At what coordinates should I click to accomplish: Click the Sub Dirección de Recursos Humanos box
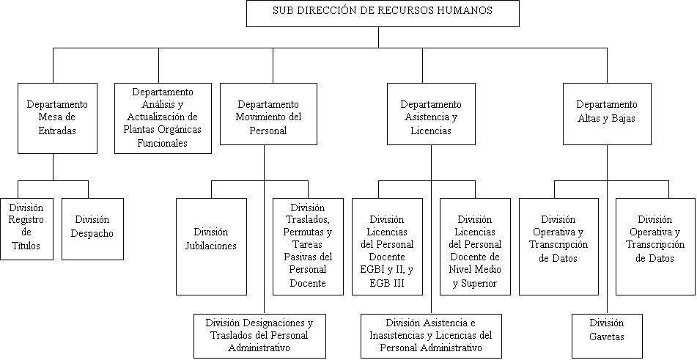(x=383, y=14)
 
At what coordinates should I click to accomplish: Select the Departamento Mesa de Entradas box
(x=57, y=118)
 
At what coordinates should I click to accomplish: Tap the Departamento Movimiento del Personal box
(x=268, y=114)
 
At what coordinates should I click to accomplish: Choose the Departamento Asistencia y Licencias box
(x=431, y=114)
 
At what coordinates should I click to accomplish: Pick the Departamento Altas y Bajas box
(x=607, y=114)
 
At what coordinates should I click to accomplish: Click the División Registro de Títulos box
(x=26, y=229)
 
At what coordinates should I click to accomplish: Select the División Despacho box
(x=92, y=229)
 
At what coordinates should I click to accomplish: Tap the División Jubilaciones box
(x=211, y=246)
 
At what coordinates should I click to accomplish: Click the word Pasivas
(x=300, y=257)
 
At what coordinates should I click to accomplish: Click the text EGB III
(x=387, y=283)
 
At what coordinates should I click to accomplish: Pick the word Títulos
(x=26, y=246)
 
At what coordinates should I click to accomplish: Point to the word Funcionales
(x=163, y=143)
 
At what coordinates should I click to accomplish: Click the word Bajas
(x=623, y=118)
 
